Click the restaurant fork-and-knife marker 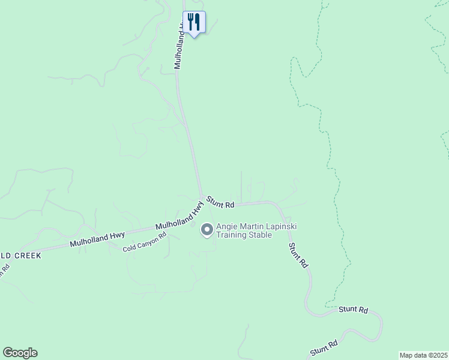tap(194, 22)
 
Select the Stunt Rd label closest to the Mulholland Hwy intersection tap(220, 202)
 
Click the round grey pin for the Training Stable tap(207, 230)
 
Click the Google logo tap(20, 353)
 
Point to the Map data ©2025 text tap(423, 355)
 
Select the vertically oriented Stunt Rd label tap(298, 255)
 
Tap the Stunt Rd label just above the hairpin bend tap(353, 309)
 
